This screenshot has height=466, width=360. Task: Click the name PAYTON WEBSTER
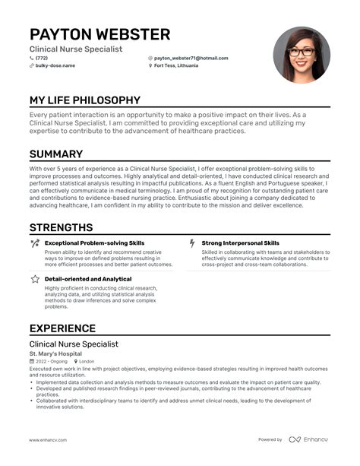tap(99, 34)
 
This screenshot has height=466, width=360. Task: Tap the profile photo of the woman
tap(302, 55)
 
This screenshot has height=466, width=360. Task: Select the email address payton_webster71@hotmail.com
tap(191, 58)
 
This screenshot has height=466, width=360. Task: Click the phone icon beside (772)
tap(32, 58)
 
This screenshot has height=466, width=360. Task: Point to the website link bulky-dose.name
tap(55, 66)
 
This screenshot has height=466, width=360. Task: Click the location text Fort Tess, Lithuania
tap(176, 66)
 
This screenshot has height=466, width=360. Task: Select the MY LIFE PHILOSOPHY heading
tap(85, 100)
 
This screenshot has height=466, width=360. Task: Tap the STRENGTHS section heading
tap(61, 227)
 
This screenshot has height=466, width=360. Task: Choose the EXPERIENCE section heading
tap(62, 328)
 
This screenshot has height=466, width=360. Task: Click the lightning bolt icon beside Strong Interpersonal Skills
tap(191, 243)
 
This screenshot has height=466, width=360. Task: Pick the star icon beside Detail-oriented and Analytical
tap(35, 279)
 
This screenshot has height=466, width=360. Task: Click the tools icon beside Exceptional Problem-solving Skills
tap(35, 243)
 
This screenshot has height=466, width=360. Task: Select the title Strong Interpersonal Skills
tap(240, 243)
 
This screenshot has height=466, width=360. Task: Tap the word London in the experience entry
tap(87, 361)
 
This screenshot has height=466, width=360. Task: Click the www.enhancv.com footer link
tap(51, 439)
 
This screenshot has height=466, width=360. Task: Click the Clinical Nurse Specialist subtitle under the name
tap(75, 49)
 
